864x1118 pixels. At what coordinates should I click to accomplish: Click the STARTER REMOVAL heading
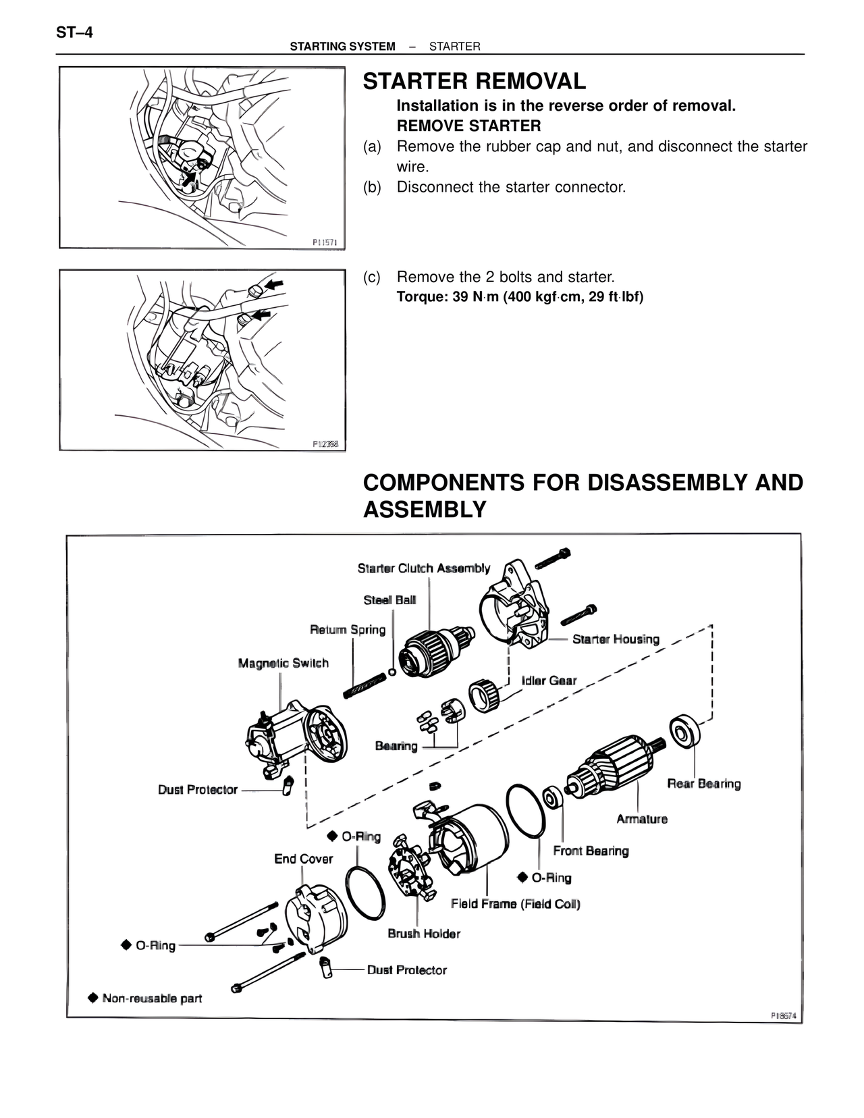pyautogui.click(x=474, y=82)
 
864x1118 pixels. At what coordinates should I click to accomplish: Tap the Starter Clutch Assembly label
pyautogui.click(x=424, y=568)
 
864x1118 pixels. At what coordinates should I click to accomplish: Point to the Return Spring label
pyautogui.click(x=348, y=630)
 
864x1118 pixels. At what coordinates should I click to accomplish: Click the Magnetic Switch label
pyautogui.click(x=283, y=663)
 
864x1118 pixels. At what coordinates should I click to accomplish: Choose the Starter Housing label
pyautogui.click(x=616, y=639)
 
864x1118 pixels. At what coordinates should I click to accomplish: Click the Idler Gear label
pyautogui.click(x=549, y=681)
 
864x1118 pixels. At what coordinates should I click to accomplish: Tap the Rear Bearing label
pyautogui.click(x=703, y=784)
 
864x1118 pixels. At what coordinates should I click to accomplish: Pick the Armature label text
pyautogui.click(x=642, y=819)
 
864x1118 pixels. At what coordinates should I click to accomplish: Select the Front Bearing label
pyautogui.click(x=591, y=851)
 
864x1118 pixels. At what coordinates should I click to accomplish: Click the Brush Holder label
pyautogui.click(x=424, y=934)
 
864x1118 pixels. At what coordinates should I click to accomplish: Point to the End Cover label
pyautogui.click(x=303, y=859)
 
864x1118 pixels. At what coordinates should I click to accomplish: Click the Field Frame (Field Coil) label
pyautogui.click(x=516, y=903)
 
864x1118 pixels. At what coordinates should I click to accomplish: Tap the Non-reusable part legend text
pyautogui.click(x=152, y=998)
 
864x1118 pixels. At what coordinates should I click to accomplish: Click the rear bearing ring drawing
pyautogui.click(x=684, y=732)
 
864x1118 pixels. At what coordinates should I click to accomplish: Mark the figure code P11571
pyautogui.click(x=325, y=241)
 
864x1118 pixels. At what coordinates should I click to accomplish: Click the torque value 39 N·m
pyautogui.click(x=475, y=297)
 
